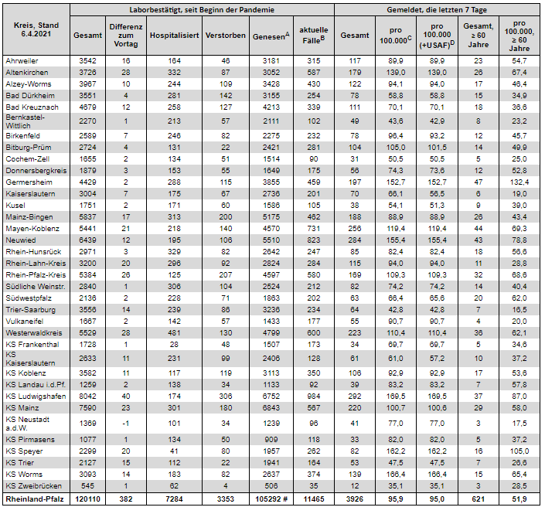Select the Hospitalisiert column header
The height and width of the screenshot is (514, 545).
pos(174,36)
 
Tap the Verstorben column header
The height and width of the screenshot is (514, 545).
pos(225,36)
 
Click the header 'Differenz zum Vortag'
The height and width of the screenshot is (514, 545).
pos(125,36)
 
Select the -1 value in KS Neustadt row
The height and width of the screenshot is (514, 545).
pos(125,423)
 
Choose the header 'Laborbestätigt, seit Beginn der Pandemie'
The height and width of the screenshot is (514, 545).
pos(203,9)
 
